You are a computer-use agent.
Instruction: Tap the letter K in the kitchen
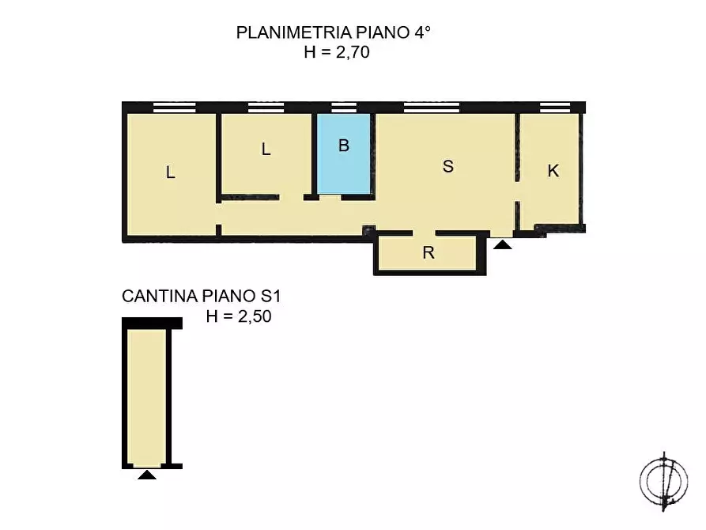(553, 170)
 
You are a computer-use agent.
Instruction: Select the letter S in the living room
(448, 166)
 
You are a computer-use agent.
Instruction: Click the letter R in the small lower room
(428, 253)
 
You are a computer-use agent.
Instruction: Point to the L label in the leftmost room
(170, 172)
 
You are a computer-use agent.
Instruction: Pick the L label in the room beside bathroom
(266, 149)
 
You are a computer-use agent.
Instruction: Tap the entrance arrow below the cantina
(146, 475)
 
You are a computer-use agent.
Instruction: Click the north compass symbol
(663, 480)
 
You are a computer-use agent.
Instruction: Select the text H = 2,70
(337, 53)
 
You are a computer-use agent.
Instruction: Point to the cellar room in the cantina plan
(146, 396)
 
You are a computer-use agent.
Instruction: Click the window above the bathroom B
(344, 108)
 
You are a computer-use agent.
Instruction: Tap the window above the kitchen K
(554, 108)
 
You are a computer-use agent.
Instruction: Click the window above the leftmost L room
(174, 108)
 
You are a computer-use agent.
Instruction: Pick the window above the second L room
(266, 108)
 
